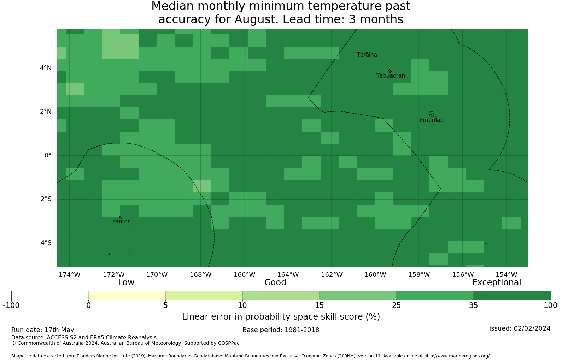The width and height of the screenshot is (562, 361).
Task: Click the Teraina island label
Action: point(367,55)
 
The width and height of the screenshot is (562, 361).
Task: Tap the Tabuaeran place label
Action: point(391,76)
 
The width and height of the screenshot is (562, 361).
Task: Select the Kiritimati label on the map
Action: point(432,120)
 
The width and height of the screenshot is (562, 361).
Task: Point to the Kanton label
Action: point(122,222)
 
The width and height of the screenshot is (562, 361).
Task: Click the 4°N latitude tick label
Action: point(46,68)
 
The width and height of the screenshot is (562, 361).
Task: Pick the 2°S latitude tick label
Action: point(46,199)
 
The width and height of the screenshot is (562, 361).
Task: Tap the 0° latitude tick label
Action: point(48,155)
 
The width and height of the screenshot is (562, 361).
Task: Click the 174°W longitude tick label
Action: point(70,275)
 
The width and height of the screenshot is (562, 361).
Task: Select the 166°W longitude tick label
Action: point(244,275)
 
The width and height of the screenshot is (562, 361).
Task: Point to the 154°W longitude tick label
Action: point(506,275)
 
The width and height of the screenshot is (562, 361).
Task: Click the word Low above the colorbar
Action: point(126,282)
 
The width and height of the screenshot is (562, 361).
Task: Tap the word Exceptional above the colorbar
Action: point(497,283)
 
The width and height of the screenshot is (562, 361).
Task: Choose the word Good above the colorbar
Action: point(275,282)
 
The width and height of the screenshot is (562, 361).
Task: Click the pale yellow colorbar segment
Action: point(127,295)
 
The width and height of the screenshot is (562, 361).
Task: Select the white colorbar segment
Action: point(50,295)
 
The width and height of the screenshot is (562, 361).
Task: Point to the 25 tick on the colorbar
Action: point(397,305)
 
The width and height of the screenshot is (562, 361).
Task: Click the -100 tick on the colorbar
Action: point(11,305)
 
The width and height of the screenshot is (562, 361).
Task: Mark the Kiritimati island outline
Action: point(433,115)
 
